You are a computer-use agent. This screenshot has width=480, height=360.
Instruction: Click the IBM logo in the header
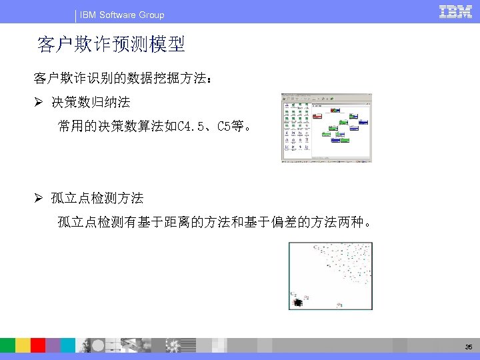(x=456, y=12)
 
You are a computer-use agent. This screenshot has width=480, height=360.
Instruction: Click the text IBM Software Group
(x=122, y=15)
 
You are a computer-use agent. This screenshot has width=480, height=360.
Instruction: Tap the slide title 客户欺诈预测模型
(x=111, y=45)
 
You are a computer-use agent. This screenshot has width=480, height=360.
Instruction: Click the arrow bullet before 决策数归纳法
(x=39, y=103)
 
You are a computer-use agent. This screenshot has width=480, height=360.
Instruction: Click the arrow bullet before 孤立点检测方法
(x=39, y=198)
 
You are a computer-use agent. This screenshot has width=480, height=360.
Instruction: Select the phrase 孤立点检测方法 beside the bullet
(x=98, y=198)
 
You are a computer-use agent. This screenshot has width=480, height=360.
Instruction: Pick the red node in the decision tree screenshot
(x=318, y=115)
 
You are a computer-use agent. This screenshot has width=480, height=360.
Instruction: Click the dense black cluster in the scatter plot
(x=296, y=303)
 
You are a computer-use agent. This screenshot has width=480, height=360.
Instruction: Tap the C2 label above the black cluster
(x=293, y=293)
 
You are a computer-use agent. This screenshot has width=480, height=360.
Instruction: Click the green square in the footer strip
(x=7, y=345)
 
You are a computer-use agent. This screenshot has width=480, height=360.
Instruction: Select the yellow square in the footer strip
(x=23, y=345)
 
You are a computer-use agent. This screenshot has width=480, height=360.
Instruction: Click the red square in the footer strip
(x=38, y=345)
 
